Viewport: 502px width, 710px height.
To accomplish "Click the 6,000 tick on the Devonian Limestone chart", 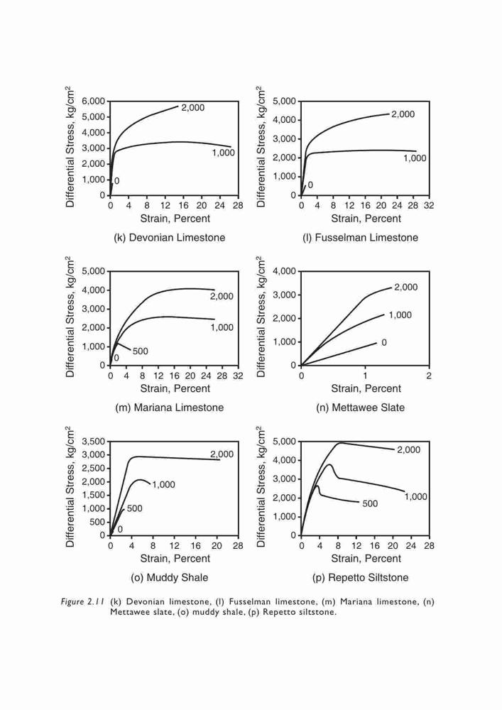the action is click(x=93, y=101).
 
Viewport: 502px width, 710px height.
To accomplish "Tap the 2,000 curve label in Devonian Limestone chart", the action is click(x=193, y=108).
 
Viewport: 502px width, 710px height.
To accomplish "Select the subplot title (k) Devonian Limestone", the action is click(x=169, y=238).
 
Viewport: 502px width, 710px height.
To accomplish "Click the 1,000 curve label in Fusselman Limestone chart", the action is click(x=415, y=158).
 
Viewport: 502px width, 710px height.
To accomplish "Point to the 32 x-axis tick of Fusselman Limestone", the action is click(x=429, y=206).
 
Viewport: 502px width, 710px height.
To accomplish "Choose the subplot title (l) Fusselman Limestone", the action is click(x=360, y=238).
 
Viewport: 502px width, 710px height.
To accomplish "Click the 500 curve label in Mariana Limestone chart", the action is click(x=141, y=351).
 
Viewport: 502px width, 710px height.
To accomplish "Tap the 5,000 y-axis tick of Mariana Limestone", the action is click(x=93, y=271).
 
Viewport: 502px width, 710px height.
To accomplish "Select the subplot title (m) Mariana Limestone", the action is click(x=169, y=408).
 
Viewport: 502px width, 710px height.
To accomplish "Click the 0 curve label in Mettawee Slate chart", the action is click(x=384, y=343).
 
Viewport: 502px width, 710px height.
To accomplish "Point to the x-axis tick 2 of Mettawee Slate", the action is click(x=429, y=376).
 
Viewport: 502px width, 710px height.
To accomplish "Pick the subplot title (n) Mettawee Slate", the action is click(x=360, y=408).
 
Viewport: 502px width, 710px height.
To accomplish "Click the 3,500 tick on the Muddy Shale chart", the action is click(x=93, y=442).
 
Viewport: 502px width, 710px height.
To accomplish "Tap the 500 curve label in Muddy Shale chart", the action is click(x=134, y=508).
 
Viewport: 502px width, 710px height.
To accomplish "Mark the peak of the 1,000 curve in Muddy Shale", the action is click(x=140, y=479).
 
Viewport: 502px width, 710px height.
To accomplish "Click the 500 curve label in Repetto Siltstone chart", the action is click(x=370, y=504).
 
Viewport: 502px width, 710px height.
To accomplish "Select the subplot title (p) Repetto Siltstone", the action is click(x=360, y=578).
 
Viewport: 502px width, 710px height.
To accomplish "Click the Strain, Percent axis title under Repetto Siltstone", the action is click(x=366, y=559).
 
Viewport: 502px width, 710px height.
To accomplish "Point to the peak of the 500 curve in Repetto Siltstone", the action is click(x=317, y=486).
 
